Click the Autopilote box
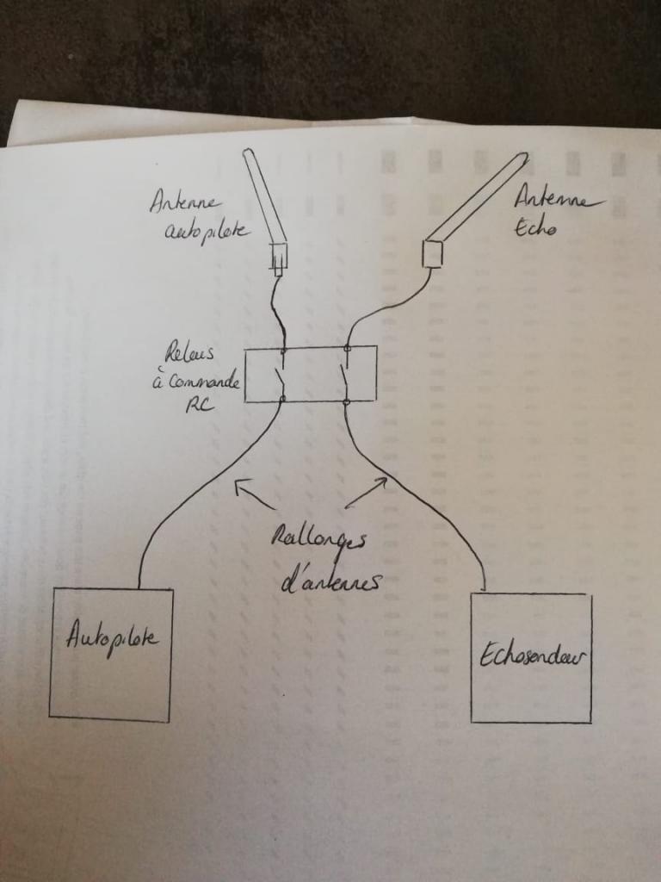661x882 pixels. tap(110, 655)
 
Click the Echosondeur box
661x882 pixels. tap(531, 657)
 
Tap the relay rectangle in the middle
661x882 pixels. tap(310, 374)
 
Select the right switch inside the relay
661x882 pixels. tap(345, 376)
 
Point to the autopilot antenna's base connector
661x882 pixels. tap(278, 257)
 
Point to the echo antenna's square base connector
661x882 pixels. tap(432, 252)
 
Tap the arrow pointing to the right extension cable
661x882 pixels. tap(365, 491)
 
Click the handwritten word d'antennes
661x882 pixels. tap(331, 582)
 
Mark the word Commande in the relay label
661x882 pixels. tap(196, 381)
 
